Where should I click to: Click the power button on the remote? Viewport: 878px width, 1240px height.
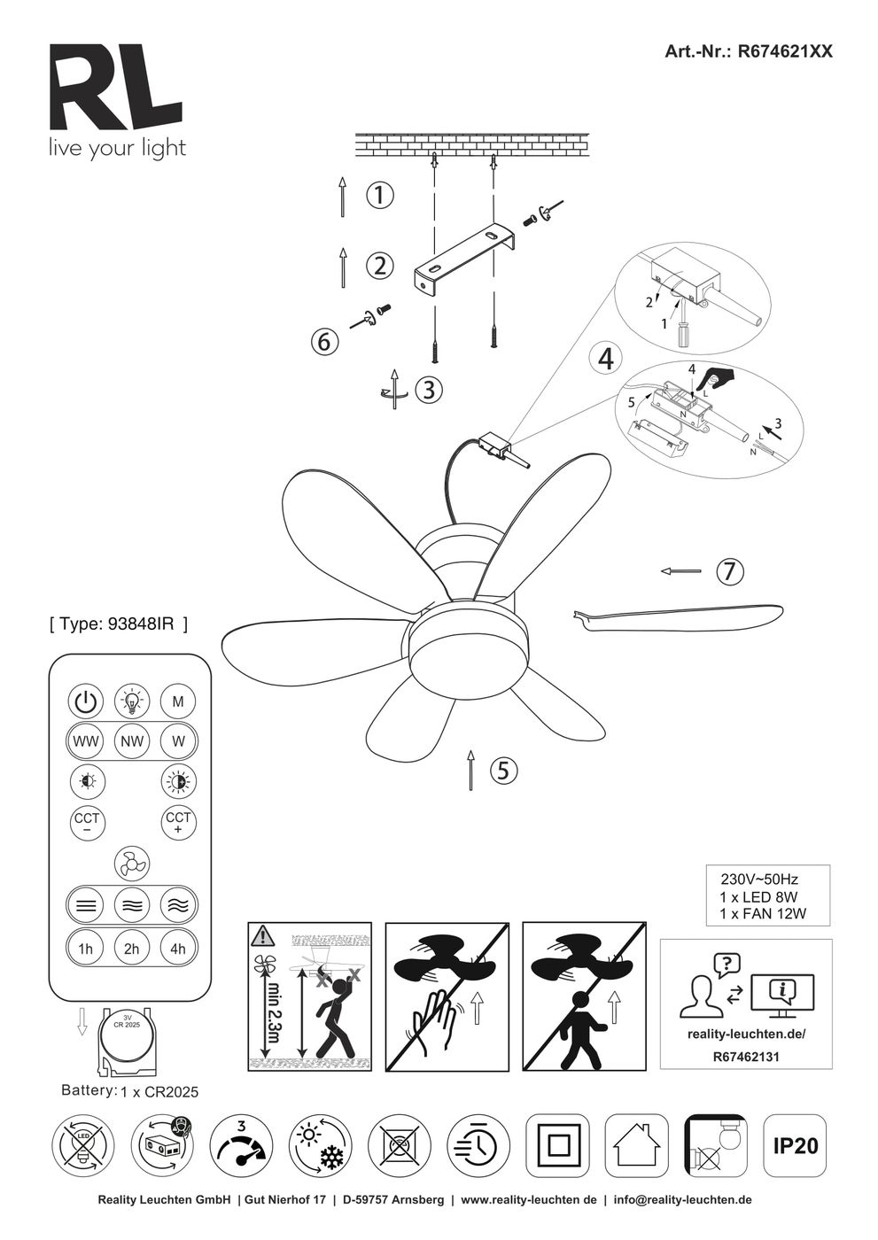point(85,701)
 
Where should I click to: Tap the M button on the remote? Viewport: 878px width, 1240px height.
point(178,701)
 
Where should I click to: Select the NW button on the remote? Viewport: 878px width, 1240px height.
point(132,741)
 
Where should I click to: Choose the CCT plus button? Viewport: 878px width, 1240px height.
point(178,822)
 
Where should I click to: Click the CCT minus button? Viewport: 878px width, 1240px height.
point(86,822)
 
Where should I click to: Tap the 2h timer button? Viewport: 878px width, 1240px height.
point(132,949)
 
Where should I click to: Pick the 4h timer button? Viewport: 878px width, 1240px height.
point(178,949)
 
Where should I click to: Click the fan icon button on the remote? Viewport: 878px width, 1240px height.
point(132,863)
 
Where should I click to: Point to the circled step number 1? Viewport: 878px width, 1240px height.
point(379,195)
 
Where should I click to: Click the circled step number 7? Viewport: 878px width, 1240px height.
point(728,572)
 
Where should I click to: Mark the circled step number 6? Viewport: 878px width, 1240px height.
point(324,341)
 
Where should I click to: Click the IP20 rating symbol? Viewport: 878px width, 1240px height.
point(795,1146)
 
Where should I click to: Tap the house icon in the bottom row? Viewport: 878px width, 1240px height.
point(637,1146)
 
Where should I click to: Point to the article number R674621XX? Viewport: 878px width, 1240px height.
point(749,52)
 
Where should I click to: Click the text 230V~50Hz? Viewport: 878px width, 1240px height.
point(759,880)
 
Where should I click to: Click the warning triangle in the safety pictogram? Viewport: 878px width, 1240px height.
point(263,935)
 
